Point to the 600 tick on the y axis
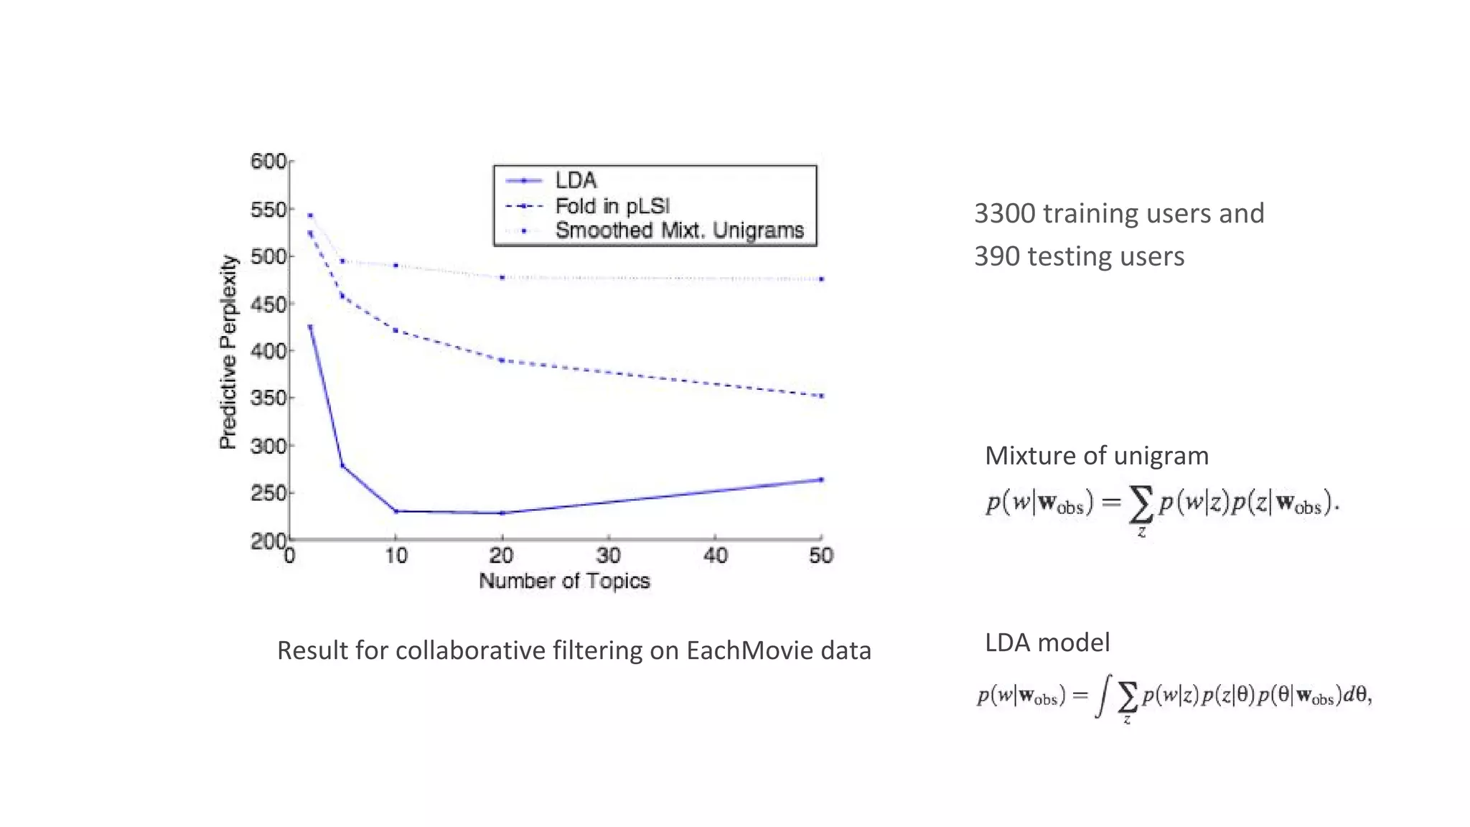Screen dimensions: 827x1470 coord(268,161)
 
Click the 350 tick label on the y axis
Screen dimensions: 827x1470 coord(268,398)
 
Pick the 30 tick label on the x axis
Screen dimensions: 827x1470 coord(608,556)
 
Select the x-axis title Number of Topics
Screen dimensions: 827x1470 coord(564,581)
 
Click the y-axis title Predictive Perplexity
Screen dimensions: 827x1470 coord(228,352)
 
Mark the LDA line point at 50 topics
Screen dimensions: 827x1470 coord(821,480)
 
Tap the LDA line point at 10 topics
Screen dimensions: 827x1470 coord(395,511)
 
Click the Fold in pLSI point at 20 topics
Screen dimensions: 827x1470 coord(502,360)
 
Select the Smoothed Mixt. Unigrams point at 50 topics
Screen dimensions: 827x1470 coord(821,279)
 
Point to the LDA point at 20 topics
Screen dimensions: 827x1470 coord(502,513)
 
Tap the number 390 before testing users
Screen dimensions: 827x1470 coord(996,256)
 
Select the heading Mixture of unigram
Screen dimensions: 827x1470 coord(1096,456)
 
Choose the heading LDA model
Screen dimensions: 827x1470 coord(1047,643)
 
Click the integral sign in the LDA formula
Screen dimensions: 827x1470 coord(1102,696)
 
